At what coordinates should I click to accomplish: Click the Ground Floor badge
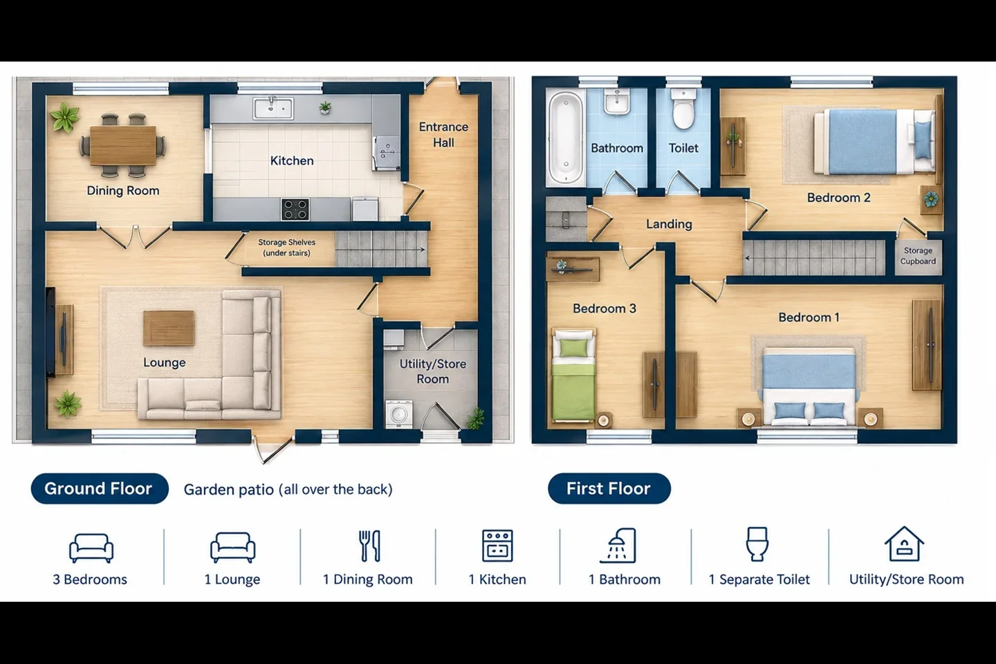[100, 488]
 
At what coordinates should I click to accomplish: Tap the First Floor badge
[609, 488]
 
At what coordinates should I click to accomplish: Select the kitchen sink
[273, 108]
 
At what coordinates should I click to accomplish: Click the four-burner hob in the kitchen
[295, 210]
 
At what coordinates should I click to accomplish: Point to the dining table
[123, 145]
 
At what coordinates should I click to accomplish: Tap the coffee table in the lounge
[169, 328]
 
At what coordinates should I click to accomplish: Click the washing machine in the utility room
[399, 414]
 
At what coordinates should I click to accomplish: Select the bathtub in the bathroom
[566, 138]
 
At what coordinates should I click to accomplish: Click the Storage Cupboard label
[919, 256]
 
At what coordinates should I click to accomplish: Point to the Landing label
[669, 223]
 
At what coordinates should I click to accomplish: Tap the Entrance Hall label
[443, 135]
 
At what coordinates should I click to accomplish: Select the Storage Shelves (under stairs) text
[287, 248]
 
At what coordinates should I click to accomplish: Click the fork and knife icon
[369, 546]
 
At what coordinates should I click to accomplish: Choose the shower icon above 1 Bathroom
[618, 546]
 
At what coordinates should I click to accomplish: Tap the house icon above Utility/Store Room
[905, 544]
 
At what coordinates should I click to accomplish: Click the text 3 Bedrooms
[90, 580]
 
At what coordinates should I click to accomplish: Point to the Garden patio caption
[288, 490]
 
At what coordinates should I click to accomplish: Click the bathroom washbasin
[617, 102]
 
